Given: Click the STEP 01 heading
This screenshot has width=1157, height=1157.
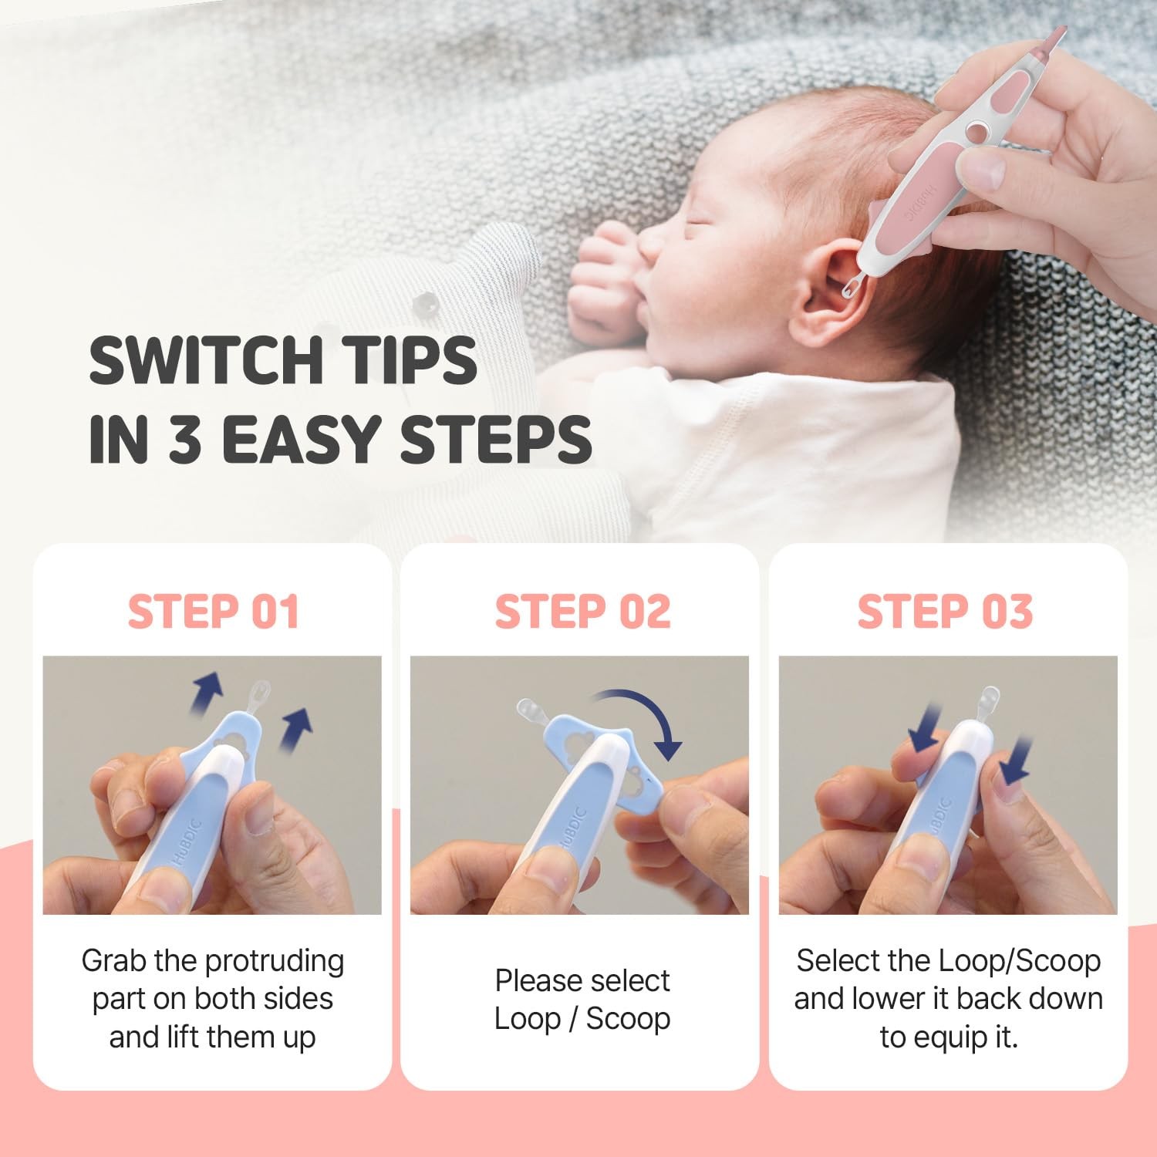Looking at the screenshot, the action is tap(213, 612).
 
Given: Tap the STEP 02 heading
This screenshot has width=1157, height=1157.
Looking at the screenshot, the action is tap(582, 612).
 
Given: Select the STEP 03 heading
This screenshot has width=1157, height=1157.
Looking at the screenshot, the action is tap(945, 612).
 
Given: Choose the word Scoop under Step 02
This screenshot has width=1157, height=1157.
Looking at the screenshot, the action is tap(628, 1019).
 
